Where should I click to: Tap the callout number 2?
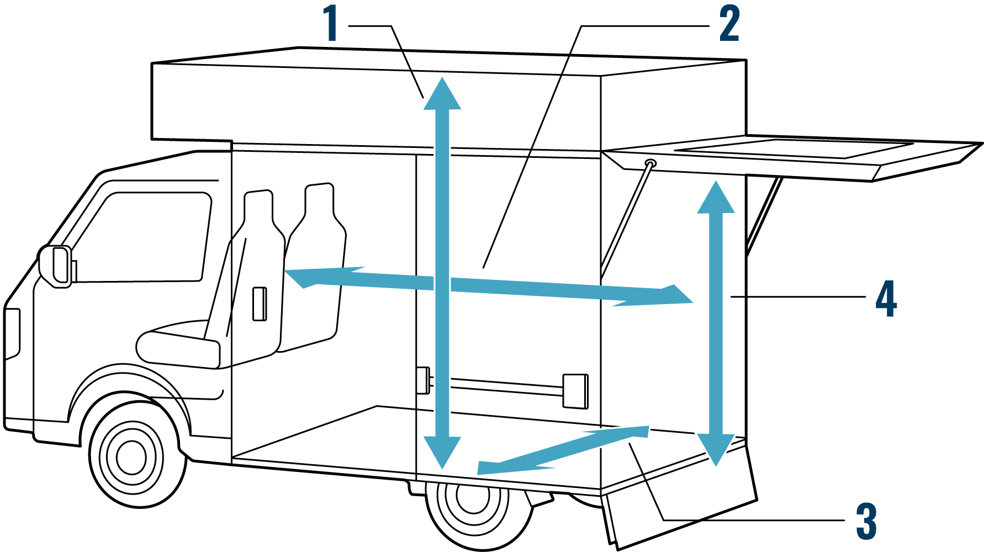click(x=729, y=23)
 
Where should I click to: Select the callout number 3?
click(x=866, y=521)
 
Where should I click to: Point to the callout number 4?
click(x=886, y=299)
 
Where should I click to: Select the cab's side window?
click(x=149, y=237)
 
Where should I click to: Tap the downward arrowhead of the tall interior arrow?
click(x=442, y=451)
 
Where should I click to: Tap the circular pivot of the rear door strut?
click(x=651, y=163)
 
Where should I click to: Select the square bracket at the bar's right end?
click(x=575, y=391)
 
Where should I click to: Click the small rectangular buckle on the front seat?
click(x=260, y=304)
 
